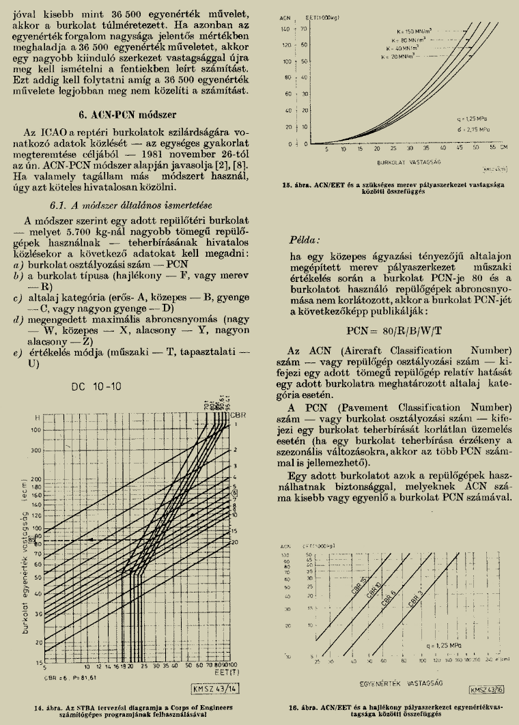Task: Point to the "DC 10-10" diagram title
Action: [96, 386]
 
